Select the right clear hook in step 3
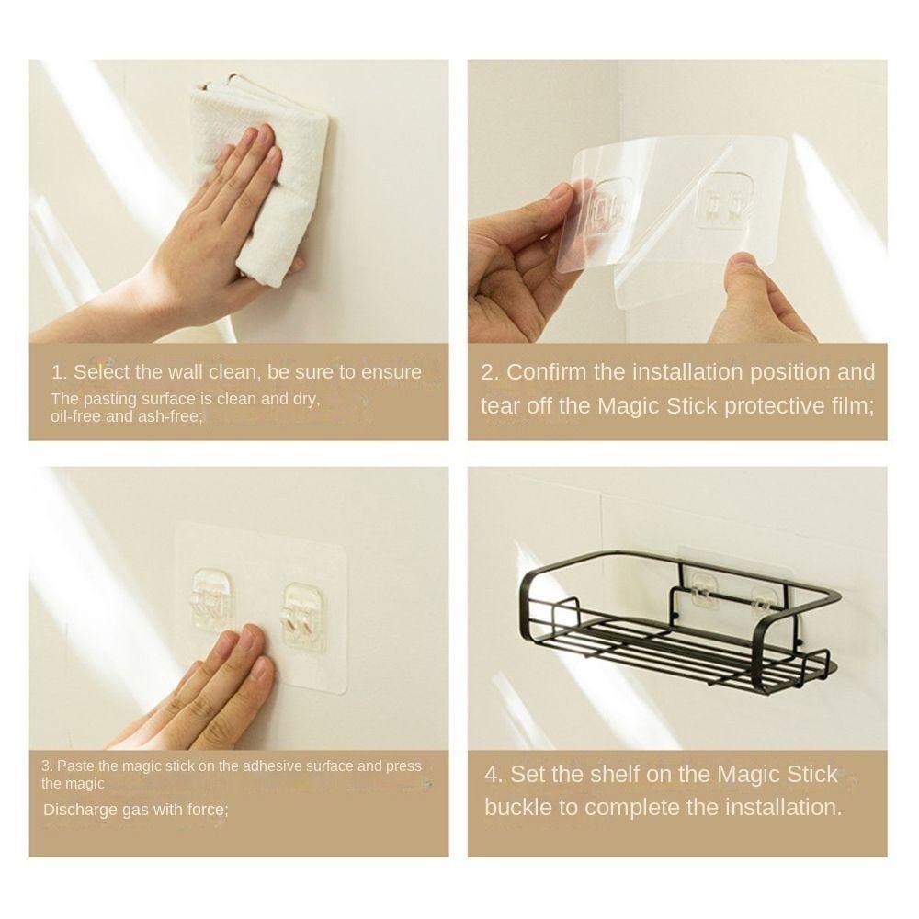(303, 614)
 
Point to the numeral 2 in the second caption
(488, 372)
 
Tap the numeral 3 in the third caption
(46, 766)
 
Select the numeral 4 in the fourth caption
(493, 774)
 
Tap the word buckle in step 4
(517, 808)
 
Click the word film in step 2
(850, 405)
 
